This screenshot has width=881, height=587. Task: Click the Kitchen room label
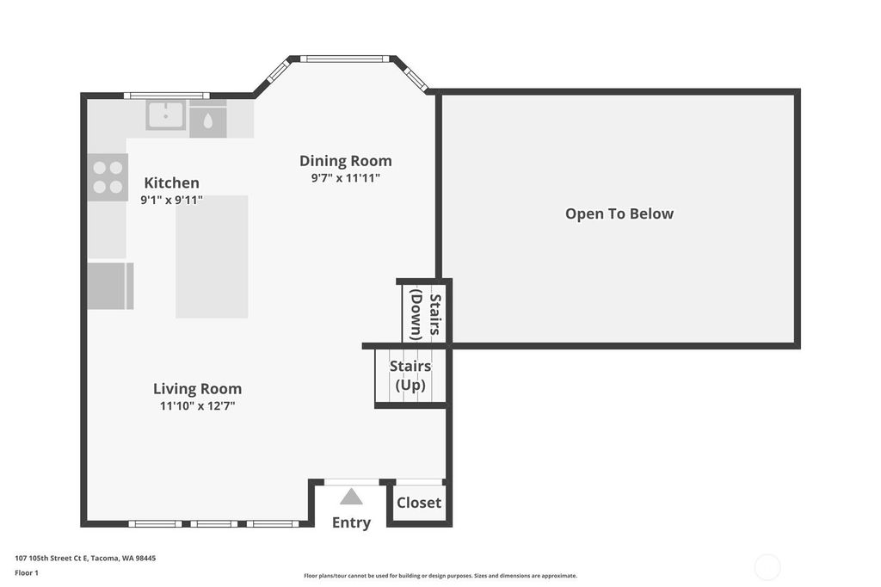pos(171,182)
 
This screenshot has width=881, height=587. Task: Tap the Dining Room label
pos(346,161)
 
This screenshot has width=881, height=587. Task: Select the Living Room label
pos(197,388)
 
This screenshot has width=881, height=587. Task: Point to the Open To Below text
pos(619,213)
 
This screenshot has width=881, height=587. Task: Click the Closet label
pos(419,503)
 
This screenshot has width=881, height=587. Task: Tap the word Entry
pos(351,523)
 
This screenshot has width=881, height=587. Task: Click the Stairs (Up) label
pos(410,375)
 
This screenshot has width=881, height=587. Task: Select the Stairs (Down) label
pos(425,314)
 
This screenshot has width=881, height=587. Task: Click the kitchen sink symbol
pos(166,114)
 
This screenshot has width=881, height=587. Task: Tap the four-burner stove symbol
pos(108,177)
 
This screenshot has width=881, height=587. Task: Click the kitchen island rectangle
pos(212,256)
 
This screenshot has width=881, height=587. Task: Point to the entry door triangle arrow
pos(351,497)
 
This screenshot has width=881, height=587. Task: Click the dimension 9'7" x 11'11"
pos(346,178)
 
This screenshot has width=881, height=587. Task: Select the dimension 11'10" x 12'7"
pos(197,406)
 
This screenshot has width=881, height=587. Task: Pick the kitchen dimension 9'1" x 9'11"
pos(171,200)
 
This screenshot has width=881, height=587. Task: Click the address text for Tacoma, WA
pos(85,559)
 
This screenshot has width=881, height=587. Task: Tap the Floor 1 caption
pos(27,573)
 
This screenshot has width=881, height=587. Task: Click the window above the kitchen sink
pos(166,96)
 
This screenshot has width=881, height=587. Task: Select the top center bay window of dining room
pos(344,59)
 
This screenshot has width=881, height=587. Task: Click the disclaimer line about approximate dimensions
pos(440,576)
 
